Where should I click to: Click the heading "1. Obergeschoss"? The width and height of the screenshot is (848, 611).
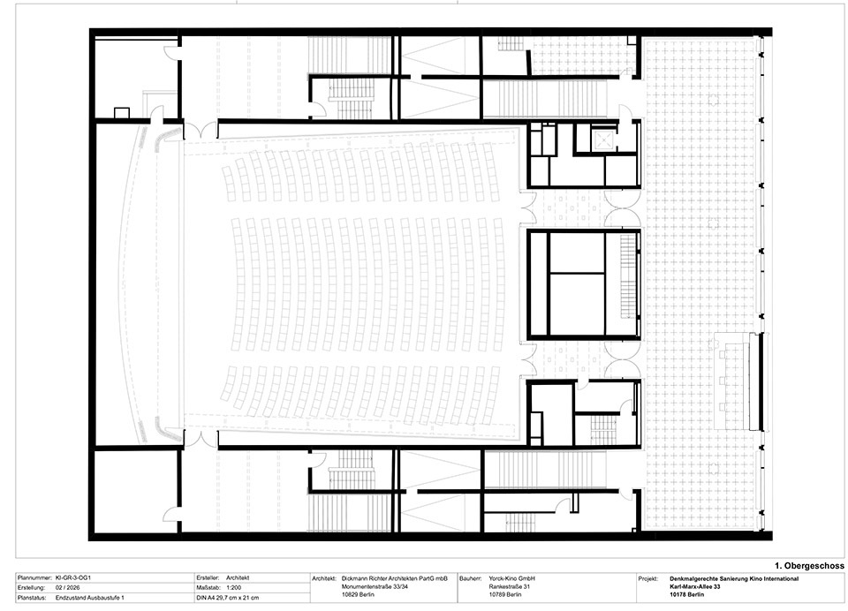[x=810, y=566]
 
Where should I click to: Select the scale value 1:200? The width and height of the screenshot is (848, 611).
[x=233, y=588]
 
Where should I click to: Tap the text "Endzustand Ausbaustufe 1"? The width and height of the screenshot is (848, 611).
[x=90, y=598]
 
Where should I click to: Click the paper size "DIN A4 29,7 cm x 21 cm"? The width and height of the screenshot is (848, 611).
[x=228, y=598]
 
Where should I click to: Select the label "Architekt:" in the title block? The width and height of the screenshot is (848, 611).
[x=324, y=578]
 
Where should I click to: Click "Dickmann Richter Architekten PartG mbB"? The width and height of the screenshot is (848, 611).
[x=395, y=578]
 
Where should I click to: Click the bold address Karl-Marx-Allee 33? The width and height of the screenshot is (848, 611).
[x=695, y=586]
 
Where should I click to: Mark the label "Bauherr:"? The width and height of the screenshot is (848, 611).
[x=471, y=578]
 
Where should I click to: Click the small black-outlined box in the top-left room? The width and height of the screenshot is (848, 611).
[x=122, y=113]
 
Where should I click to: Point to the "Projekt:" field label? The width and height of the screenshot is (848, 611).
[x=647, y=578]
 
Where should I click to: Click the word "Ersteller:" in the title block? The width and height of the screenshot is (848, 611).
[x=208, y=578]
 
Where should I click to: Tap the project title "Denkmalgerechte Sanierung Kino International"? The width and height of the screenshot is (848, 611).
[x=734, y=578]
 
